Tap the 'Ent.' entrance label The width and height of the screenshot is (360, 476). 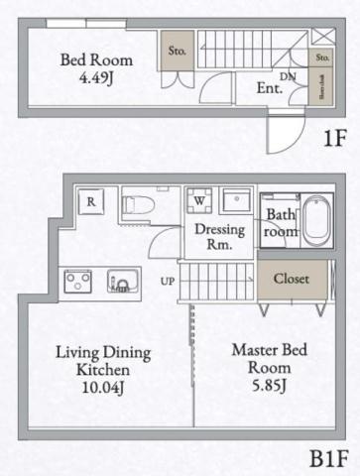coord(270,88)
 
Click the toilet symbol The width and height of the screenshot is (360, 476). coord(139,207)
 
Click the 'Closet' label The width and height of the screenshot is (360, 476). coord(291,279)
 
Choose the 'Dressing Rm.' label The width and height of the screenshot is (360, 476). coord(213,236)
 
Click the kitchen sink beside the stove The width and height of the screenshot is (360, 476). coord(120,283)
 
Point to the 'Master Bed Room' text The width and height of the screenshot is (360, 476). coord(261,359)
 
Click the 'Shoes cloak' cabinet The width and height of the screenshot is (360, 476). coord(322,90)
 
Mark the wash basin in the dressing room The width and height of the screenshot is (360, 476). coord(237,199)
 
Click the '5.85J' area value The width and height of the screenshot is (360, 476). coord(261,385)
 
